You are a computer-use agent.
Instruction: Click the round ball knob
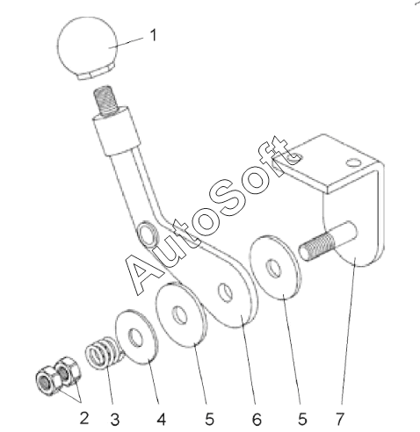point(87,47)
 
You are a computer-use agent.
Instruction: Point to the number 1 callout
point(153,35)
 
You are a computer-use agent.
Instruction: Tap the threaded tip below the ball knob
point(105,99)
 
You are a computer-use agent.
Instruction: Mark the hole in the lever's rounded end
point(226,292)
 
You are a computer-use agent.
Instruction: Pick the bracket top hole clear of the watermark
point(353,162)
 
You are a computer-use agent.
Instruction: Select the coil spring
point(105,353)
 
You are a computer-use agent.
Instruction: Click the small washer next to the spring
point(137,337)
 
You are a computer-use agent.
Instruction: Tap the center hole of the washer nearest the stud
point(273,267)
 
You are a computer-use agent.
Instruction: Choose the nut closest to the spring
point(69,371)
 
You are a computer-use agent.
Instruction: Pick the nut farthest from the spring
point(47,381)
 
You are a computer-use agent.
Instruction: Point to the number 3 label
point(115,420)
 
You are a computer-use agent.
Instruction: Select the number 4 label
point(161,419)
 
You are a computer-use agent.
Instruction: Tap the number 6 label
point(257,420)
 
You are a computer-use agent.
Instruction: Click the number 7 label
point(340,419)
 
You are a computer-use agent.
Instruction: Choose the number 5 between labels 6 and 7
point(302,419)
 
